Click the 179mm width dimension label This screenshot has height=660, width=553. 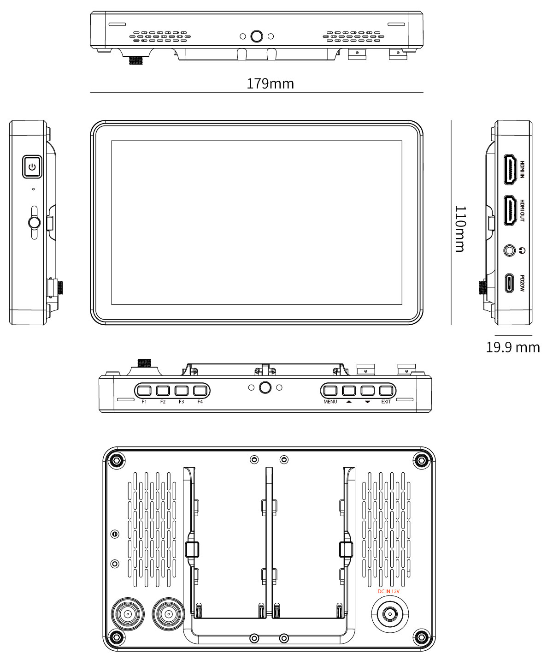pyautogui.click(x=270, y=84)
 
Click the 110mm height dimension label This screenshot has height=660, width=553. pyautogui.click(x=460, y=229)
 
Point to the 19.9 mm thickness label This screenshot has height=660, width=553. pyautogui.click(x=512, y=347)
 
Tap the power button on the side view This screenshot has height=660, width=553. pyautogui.click(x=32, y=166)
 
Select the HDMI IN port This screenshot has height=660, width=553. pyautogui.click(x=510, y=169)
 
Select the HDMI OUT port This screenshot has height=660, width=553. pyautogui.click(x=510, y=210)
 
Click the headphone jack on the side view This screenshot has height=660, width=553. pyautogui.click(x=509, y=250)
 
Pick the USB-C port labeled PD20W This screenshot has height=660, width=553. pyautogui.click(x=509, y=283)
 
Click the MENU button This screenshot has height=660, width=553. pyautogui.click(x=330, y=391)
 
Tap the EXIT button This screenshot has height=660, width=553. pyautogui.click(x=386, y=391)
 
